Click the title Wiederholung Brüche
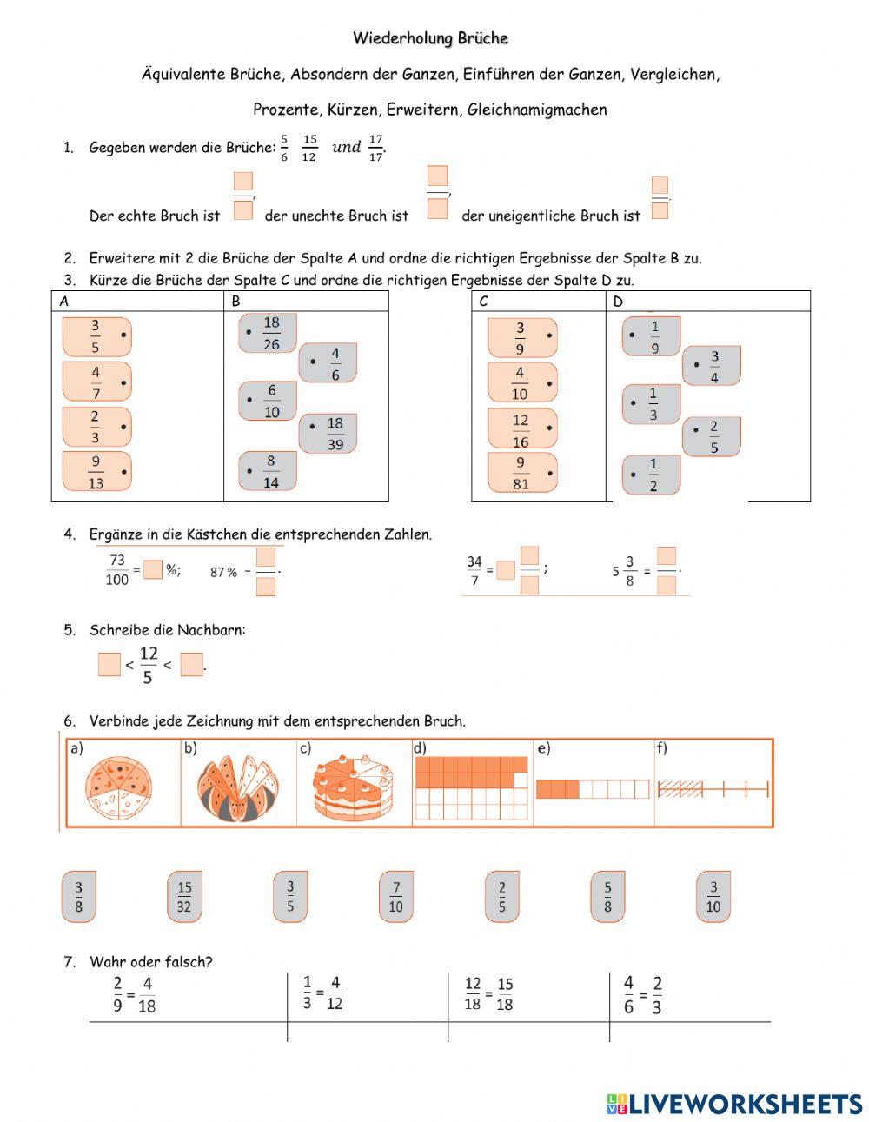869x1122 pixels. [430, 38]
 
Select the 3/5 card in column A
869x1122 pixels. [96, 336]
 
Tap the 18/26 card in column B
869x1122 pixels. [269, 333]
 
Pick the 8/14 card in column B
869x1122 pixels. [269, 472]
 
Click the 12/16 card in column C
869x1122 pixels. [521, 430]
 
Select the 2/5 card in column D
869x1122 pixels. [712, 437]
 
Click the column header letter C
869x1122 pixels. [483, 302]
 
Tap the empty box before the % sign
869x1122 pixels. [153, 570]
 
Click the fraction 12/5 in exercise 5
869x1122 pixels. [149, 665]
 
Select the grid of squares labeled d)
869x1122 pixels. [471, 788]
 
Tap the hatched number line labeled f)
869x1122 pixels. [713, 789]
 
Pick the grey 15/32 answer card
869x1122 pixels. [184, 897]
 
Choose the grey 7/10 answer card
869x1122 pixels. [395, 897]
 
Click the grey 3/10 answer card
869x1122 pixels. [713, 897]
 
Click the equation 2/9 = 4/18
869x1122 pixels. [134, 995]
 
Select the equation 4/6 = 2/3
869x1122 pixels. [643, 995]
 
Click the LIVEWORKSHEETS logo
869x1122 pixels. [734, 1104]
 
